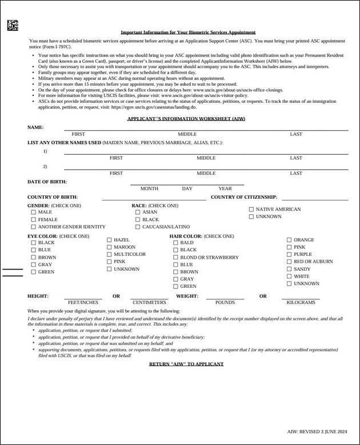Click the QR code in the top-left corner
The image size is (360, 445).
tap(13, 26)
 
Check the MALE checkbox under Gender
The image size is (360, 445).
tap(33, 212)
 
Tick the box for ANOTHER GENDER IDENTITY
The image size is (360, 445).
tap(33, 227)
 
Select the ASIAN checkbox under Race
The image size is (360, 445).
tap(138, 212)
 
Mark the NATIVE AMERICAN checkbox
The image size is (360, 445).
tap(251, 209)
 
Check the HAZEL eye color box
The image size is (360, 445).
tap(109, 240)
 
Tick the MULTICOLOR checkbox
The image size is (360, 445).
tap(109, 254)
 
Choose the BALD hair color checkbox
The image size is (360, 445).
tap(175, 243)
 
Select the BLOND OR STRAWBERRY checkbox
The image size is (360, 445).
tap(175, 257)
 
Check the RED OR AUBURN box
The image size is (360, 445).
tap(289, 262)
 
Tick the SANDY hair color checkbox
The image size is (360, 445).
tap(289, 269)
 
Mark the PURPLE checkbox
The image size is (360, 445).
tap(289, 254)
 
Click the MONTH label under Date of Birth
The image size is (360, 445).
tap(149, 189)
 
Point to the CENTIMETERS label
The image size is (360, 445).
tap(150, 302)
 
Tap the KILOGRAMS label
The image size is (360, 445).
tap(301, 302)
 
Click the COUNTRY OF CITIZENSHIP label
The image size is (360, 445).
tap(244, 197)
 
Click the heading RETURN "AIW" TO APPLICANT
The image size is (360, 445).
tap(186, 364)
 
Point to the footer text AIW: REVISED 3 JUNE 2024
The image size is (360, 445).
tap(317, 432)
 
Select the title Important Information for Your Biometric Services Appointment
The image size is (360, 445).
tap(188, 33)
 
